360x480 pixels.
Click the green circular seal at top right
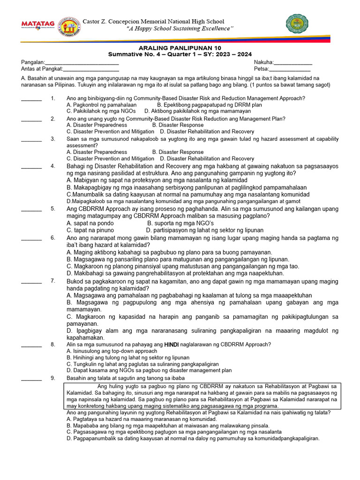(297, 25)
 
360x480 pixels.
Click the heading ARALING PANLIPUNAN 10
(180, 48)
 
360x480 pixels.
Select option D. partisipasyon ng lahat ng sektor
(204, 230)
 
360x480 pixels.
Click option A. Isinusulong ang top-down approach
(112, 351)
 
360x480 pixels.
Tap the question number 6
(53, 238)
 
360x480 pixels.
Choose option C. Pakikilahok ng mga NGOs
(101, 111)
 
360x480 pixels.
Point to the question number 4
(53, 166)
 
